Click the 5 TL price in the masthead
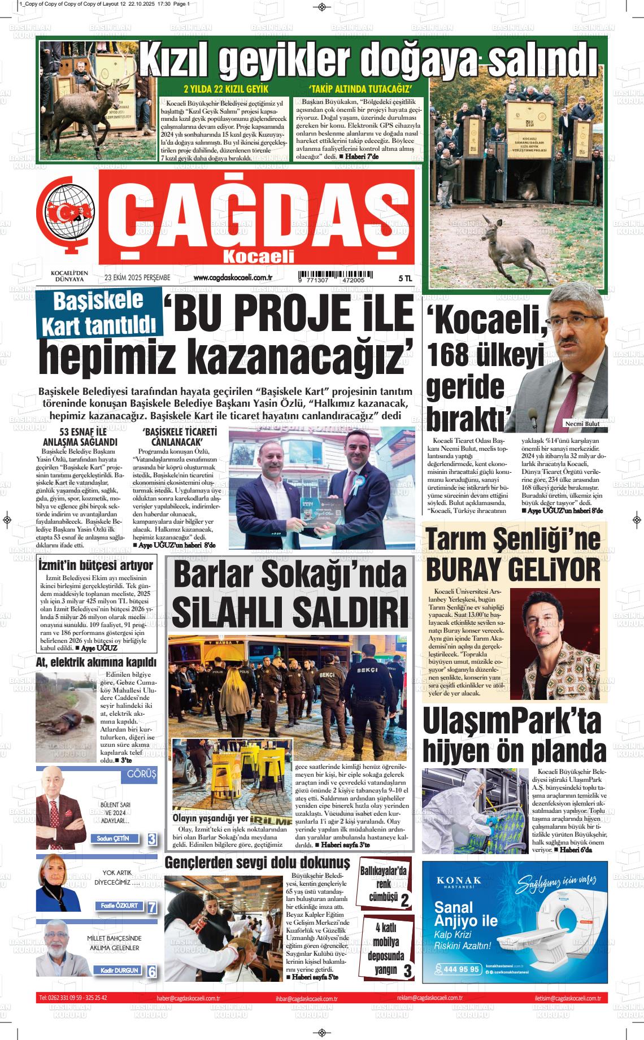pos(405,278)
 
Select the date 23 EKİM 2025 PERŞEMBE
pos(137,277)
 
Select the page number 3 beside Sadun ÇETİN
pos(152,839)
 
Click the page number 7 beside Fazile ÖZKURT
pos(151,908)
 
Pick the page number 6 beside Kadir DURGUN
pos(151,972)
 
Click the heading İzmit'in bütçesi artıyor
pos(95,565)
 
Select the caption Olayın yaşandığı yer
pos(210,819)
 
